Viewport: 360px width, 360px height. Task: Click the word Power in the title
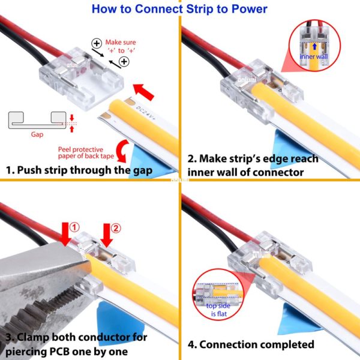(250, 9)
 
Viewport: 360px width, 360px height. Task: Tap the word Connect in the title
(159, 9)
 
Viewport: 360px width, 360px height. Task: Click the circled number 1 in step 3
(74, 227)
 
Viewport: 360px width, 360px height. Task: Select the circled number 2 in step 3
(116, 228)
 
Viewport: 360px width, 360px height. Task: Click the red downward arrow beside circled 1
(65, 234)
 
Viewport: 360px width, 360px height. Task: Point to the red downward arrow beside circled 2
(107, 236)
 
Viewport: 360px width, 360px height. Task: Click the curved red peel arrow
(122, 151)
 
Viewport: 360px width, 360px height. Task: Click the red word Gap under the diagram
(37, 134)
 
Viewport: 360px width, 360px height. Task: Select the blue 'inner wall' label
(314, 56)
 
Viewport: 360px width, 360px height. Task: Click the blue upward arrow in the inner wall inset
(314, 47)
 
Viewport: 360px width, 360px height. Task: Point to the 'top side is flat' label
(218, 310)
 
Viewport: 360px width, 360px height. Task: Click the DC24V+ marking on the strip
(146, 113)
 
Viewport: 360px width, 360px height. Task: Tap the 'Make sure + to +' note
(121, 46)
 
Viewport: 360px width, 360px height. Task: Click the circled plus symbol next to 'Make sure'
(97, 43)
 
